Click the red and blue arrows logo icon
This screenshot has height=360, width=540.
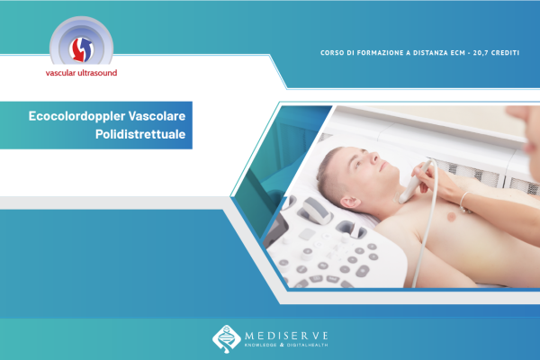click(81, 49)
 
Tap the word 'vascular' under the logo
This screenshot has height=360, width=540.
click(61, 73)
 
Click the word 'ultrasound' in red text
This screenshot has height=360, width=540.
click(97, 73)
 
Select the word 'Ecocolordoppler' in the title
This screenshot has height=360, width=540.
click(76, 116)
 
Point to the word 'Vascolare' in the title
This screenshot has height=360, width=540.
click(157, 116)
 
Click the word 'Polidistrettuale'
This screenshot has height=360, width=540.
click(140, 134)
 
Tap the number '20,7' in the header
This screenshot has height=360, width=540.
click(480, 53)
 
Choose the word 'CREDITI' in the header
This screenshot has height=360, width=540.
click(505, 53)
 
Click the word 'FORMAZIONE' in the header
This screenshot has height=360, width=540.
click(375, 53)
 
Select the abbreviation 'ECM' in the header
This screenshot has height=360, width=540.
click(458, 53)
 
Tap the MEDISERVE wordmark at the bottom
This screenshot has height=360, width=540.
click(286, 336)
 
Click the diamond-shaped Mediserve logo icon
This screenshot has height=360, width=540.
click(226, 339)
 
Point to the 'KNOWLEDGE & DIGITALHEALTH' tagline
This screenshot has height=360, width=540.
click(286, 345)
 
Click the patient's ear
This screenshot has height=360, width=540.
click(350, 202)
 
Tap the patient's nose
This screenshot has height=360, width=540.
click(374, 157)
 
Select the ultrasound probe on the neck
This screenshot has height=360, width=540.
click(414, 182)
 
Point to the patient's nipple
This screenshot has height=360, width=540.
click(451, 217)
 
